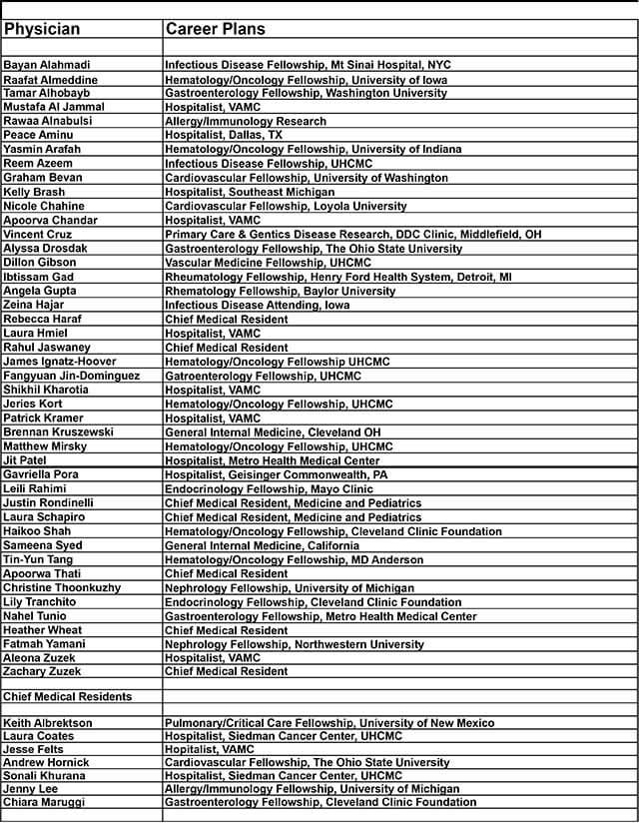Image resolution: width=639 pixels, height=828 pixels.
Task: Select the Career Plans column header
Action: (x=215, y=29)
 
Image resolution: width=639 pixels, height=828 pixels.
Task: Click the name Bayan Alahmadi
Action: (x=47, y=65)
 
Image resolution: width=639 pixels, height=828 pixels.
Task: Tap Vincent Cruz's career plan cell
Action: (x=352, y=235)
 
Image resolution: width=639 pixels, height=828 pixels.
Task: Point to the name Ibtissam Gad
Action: (x=38, y=277)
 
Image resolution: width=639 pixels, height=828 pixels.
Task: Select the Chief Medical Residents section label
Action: (x=67, y=697)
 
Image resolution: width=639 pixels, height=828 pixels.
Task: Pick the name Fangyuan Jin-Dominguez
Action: (x=85, y=376)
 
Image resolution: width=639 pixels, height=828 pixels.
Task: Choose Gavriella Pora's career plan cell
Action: (x=277, y=475)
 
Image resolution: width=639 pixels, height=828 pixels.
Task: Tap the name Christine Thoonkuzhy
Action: (x=62, y=588)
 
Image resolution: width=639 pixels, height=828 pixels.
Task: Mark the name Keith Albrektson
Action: (x=48, y=723)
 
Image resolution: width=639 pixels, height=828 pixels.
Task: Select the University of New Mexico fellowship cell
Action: (x=328, y=723)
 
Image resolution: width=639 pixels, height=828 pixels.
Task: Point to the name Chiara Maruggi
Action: (x=44, y=802)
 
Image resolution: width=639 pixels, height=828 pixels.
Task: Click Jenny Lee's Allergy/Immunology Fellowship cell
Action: (x=312, y=789)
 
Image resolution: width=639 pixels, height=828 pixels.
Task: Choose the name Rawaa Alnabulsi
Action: (x=49, y=122)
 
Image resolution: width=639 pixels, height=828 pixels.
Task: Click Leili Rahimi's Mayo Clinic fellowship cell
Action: (x=269, y=489)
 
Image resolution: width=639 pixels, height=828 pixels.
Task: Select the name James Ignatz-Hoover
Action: (x=60, y=362)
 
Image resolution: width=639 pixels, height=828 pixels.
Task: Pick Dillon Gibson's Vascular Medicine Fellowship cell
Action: (x=267, y=263)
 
